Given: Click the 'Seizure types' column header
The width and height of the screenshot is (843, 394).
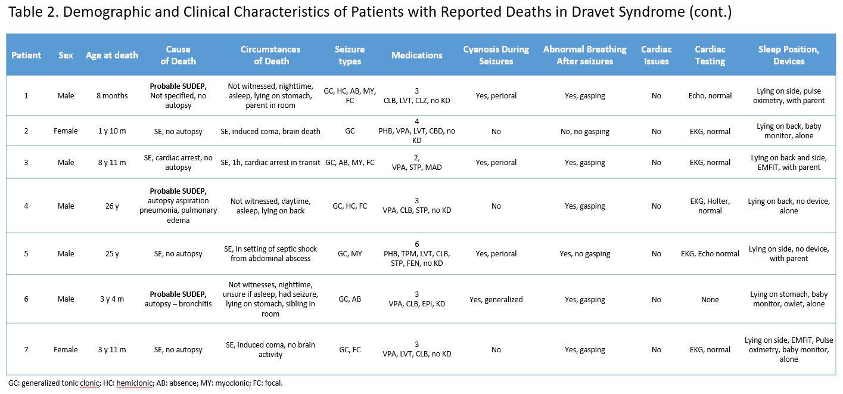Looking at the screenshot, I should coord(349,55).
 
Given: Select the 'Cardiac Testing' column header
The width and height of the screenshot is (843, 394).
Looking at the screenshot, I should coord(710,55).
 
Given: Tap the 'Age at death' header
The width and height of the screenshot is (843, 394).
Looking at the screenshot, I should coord(112,55).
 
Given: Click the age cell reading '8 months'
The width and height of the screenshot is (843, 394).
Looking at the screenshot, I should coord(112,95).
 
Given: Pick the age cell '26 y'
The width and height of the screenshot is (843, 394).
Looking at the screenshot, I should coord(112,206).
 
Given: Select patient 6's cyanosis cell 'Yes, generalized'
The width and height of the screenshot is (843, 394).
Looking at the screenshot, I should coord(496,299).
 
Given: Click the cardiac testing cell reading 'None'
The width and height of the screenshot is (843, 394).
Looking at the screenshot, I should coord(710,299).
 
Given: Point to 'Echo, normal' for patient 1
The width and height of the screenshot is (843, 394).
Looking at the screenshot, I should coord(710,95).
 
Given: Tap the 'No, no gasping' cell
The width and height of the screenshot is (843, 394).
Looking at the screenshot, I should coord(584,131).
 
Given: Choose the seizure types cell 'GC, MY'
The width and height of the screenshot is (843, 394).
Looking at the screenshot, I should coord(349,253).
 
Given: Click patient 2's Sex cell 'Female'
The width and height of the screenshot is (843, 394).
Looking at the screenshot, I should coord(66,131).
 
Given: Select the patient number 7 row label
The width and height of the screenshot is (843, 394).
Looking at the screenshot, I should coord(26,349).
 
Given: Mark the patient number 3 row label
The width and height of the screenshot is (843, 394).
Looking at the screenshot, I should coord(26,162).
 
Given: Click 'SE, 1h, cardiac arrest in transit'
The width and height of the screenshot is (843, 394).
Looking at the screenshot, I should coord(270,162).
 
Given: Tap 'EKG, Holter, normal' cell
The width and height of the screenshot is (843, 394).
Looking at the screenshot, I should coord(710,206).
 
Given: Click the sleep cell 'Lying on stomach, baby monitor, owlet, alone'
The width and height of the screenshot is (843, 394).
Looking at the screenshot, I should coord(789,299).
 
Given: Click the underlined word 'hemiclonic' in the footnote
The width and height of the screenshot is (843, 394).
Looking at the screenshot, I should coord(135,383).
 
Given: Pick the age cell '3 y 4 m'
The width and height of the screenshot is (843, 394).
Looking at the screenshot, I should coord(112,299).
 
